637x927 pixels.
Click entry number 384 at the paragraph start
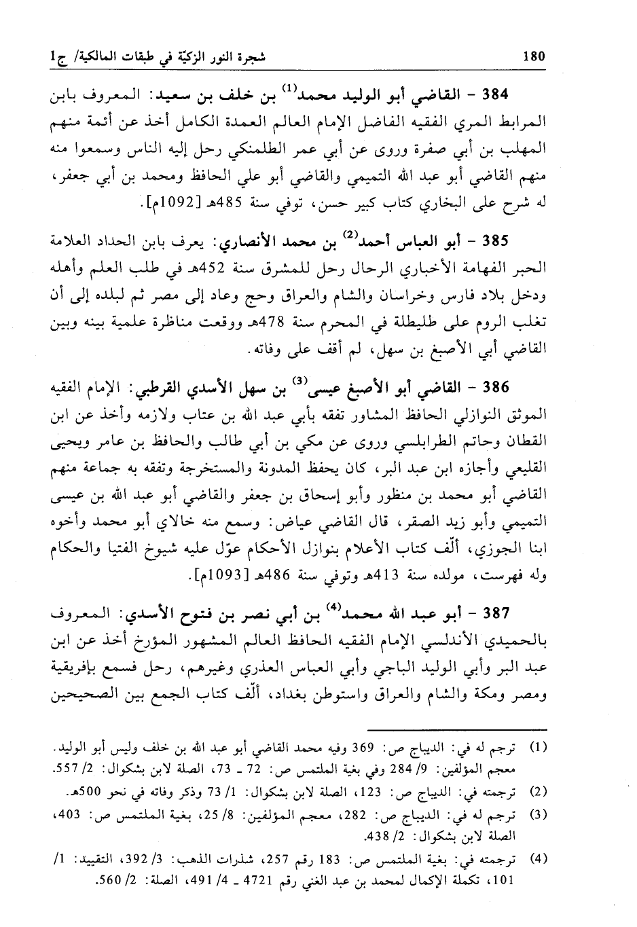(x=509, y=94)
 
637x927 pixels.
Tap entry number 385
(x=509, y=243)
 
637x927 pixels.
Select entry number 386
(x=509, y=390)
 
